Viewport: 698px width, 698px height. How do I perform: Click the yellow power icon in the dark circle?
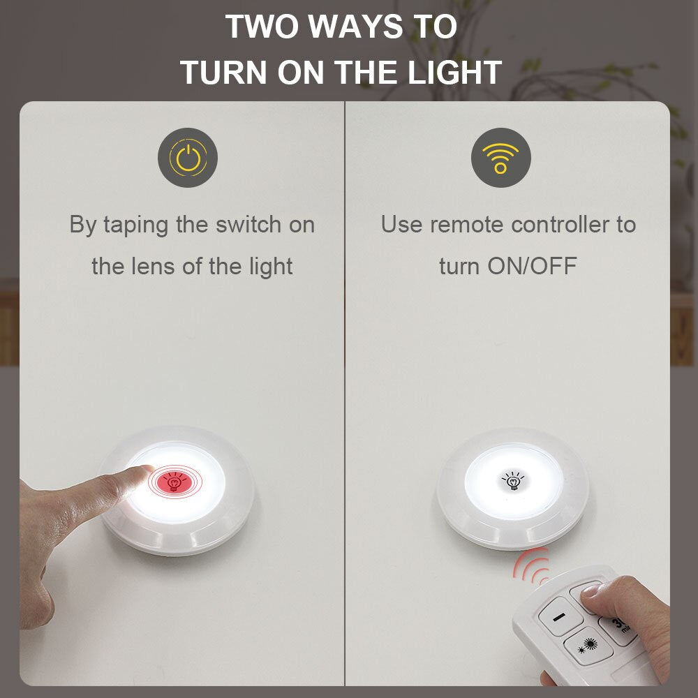point(188,158)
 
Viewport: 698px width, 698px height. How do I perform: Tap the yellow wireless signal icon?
point(500,158)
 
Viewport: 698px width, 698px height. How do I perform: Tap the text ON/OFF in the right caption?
point(533,266)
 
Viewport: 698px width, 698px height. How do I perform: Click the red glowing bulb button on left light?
point(172,481)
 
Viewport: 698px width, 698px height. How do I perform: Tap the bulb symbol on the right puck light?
point(514,481)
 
